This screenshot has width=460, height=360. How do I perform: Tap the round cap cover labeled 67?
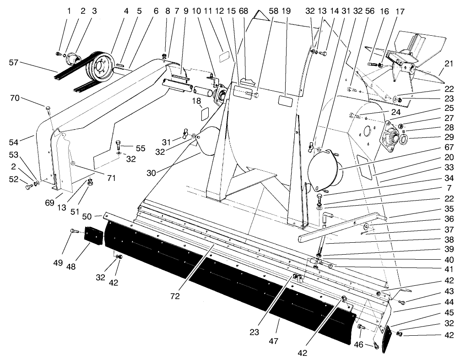(323, 171)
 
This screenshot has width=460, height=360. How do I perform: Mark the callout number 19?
(287, 10)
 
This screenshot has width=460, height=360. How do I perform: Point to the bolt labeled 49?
(74, 232)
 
